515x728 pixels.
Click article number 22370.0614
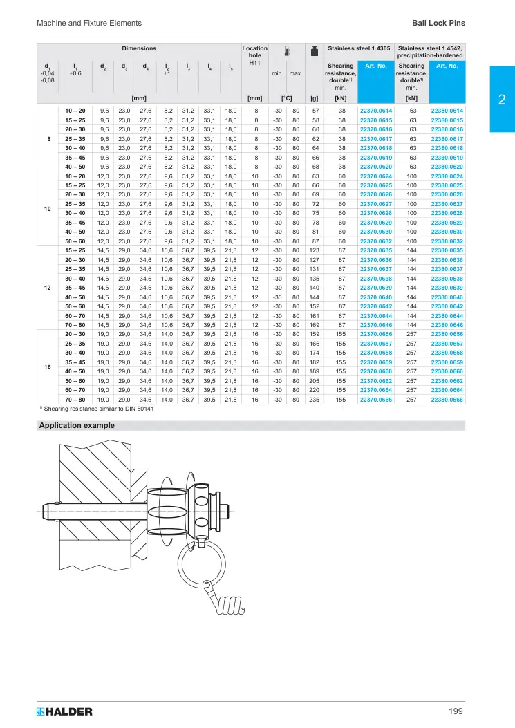[375, 111]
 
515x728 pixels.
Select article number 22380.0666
[447, 400]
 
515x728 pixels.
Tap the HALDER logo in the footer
[64, 711]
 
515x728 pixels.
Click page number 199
[456, 711]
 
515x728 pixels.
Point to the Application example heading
[77, 425]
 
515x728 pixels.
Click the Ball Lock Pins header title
[438, 23]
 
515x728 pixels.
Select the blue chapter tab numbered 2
[502, 100]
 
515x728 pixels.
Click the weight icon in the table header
[315, 51]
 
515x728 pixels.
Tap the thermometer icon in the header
[287, 51]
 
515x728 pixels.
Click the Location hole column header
[254, 55]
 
